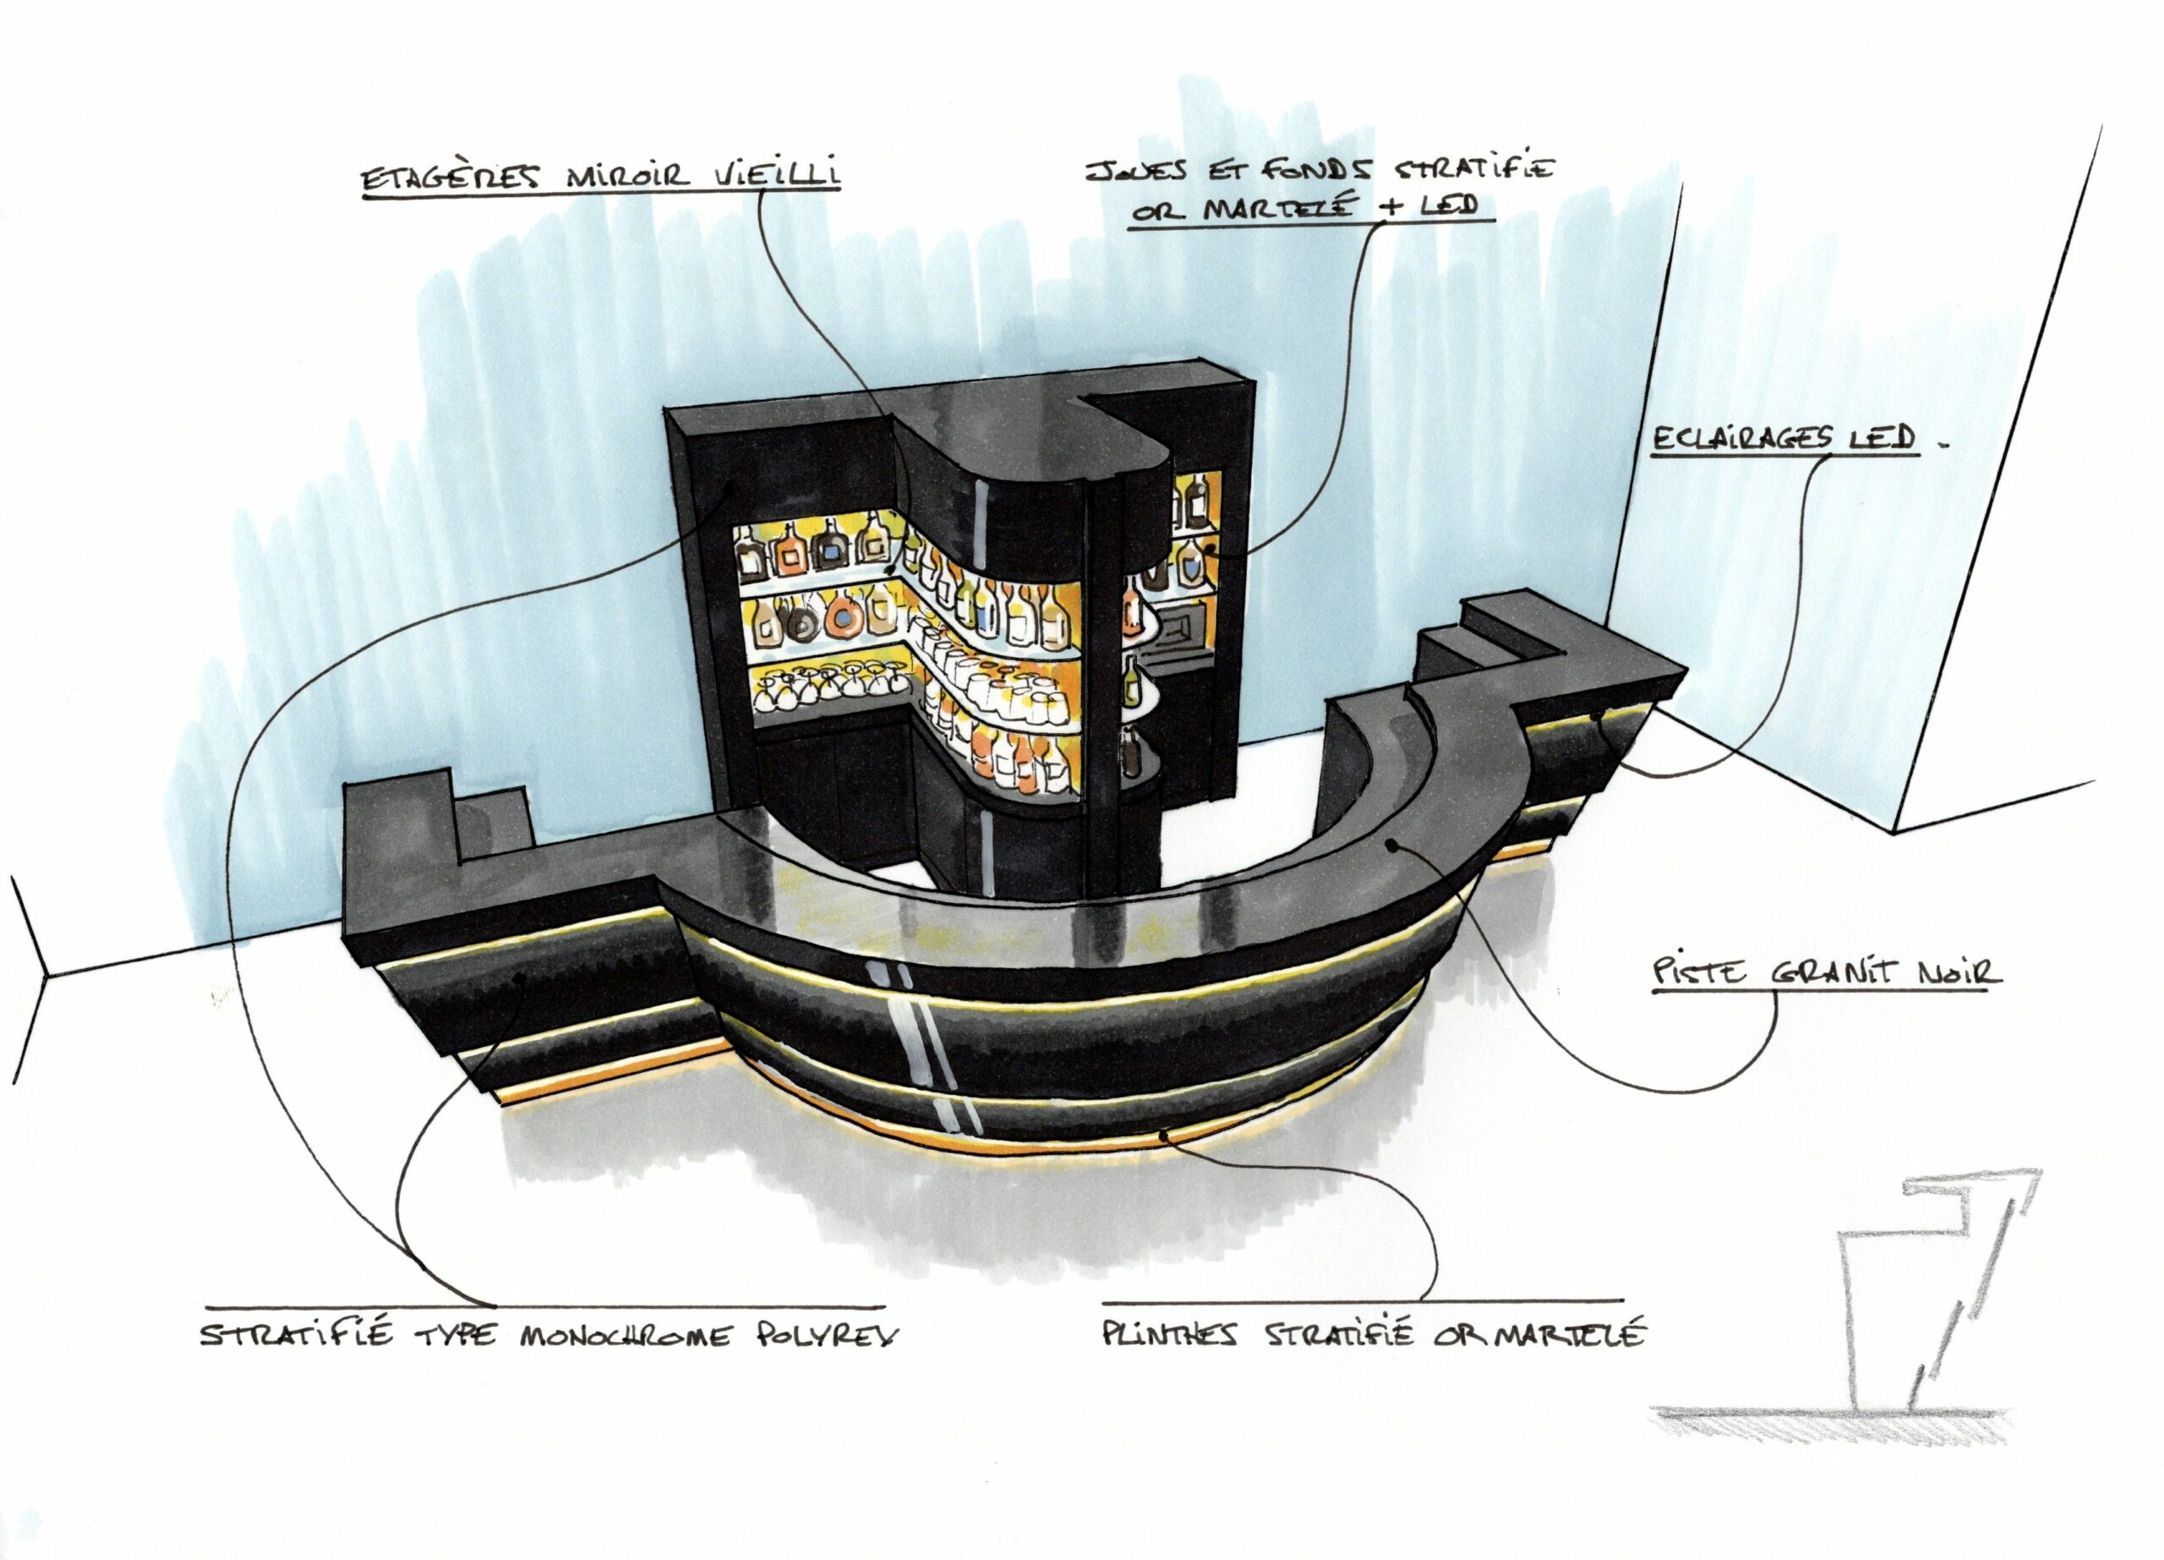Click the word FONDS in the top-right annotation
click(1321, 171)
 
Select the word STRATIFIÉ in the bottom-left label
click(297, 1335)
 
